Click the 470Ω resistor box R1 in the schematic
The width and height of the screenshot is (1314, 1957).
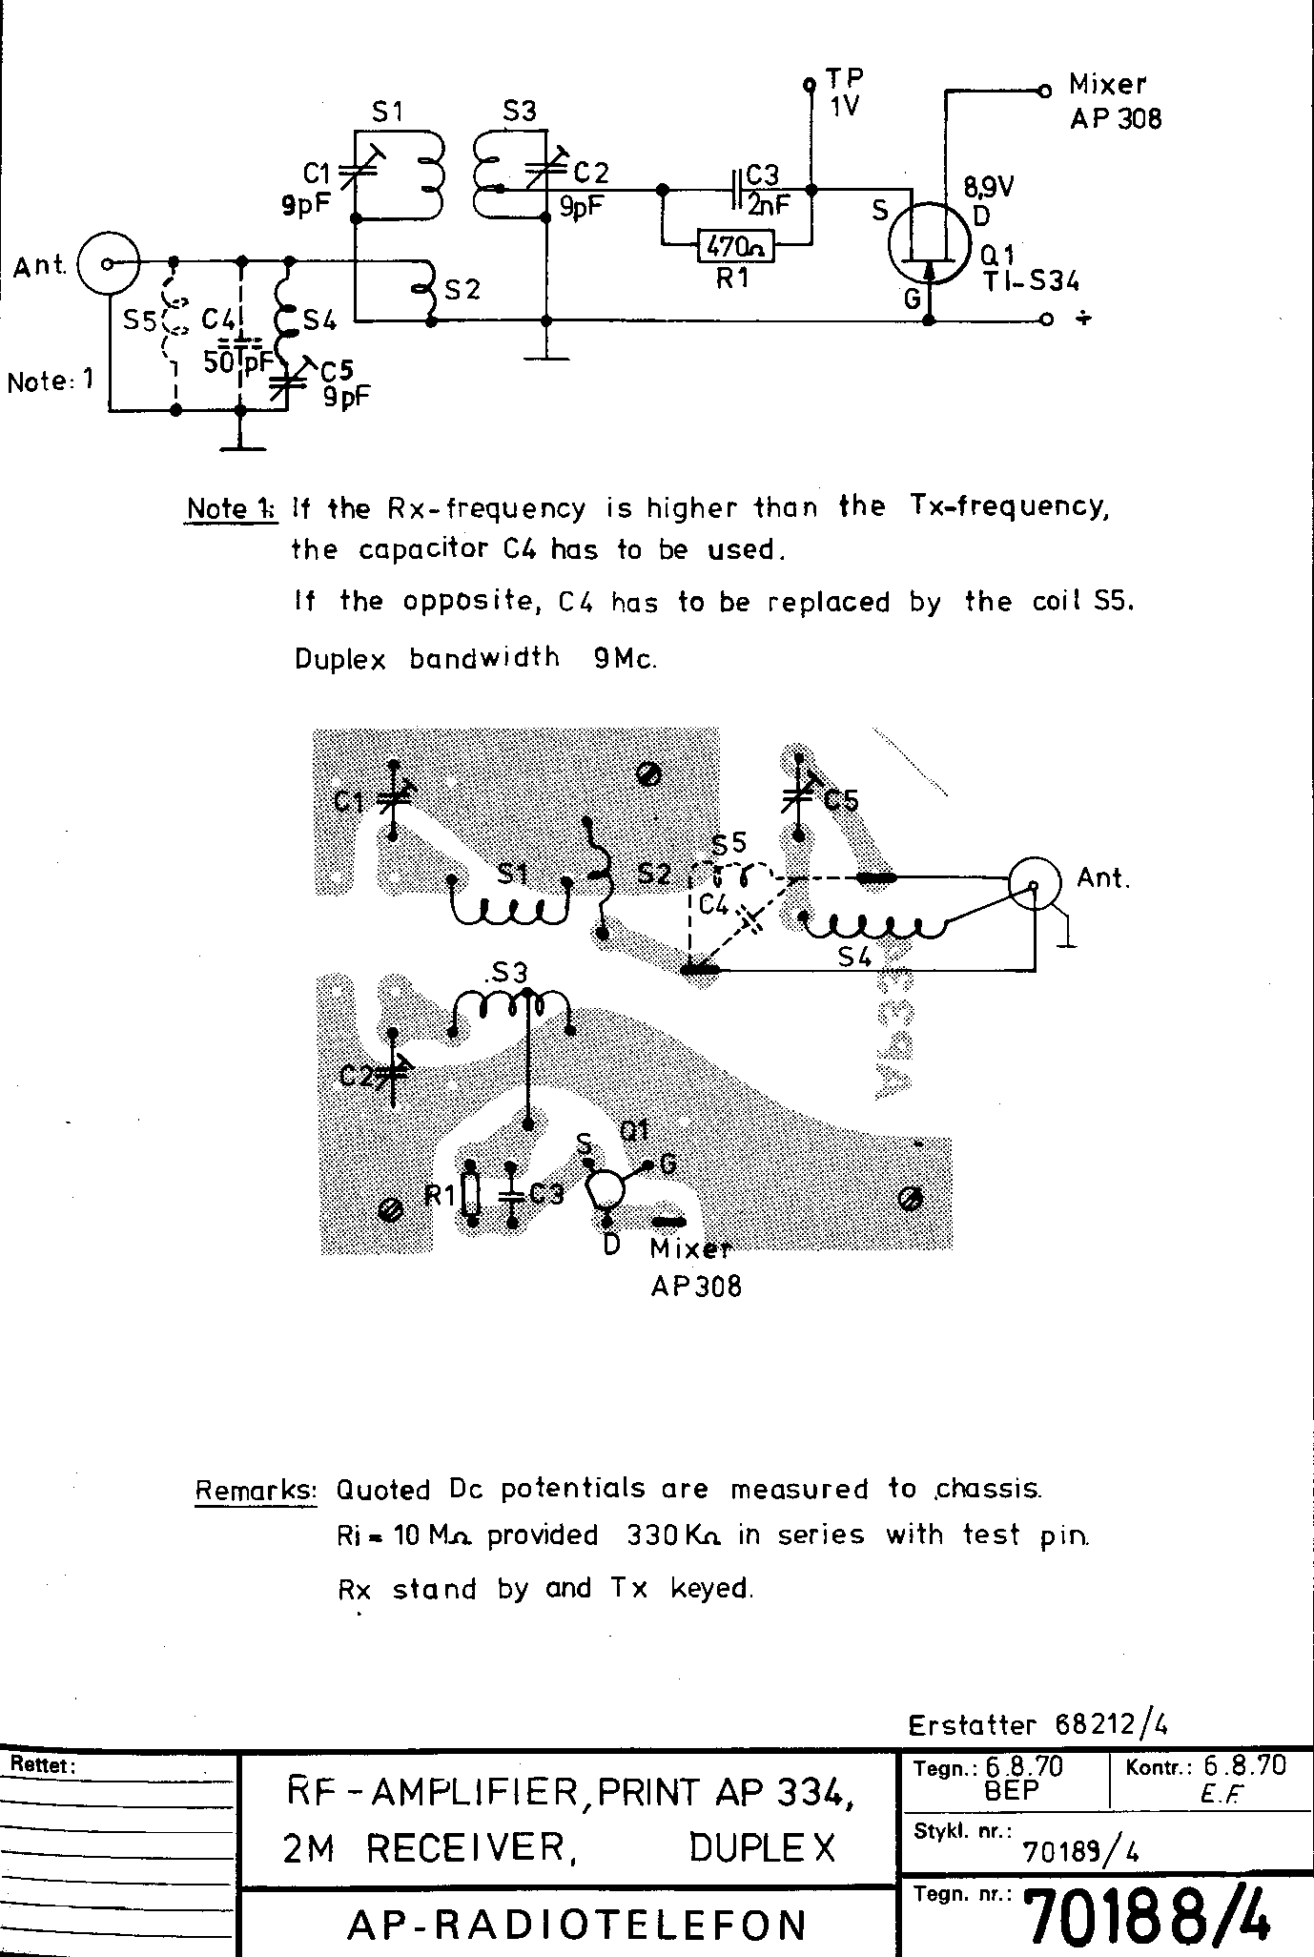click(x=734, y=247)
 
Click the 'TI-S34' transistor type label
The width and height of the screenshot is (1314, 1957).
click(x=1034, y=281)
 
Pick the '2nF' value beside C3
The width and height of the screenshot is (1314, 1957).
click(x=769, y=204)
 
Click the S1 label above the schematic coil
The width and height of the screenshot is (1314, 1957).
click(x=387, y=113)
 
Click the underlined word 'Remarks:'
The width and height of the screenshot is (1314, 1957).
click(x=256, y=1490)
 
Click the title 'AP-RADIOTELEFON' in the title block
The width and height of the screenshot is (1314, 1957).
click(x=578, y=1924)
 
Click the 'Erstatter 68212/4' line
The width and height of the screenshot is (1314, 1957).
click(x=1037, y=1724)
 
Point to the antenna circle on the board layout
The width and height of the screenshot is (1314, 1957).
click(x=1035, y=884)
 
